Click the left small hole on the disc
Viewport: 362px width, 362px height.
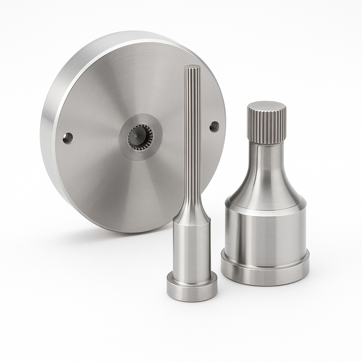[x=68, y=138]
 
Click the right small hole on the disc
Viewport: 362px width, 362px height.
[x=214, y=127]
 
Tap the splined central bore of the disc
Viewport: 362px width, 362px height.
[x=140, y=137]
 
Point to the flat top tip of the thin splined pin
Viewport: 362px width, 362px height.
[x=192, y=67]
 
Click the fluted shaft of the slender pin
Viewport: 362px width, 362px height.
[x=192, y=141]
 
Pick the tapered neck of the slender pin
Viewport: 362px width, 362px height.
[x=192, y=212]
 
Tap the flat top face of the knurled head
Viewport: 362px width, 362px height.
[x=267, y=106]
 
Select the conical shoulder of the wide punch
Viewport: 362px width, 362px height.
[x=265, y=191]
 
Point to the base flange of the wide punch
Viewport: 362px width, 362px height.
[x=265, y=270]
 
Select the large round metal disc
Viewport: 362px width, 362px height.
[x=106, y=177]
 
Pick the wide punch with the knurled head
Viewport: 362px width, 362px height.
[x=265, y=212]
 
